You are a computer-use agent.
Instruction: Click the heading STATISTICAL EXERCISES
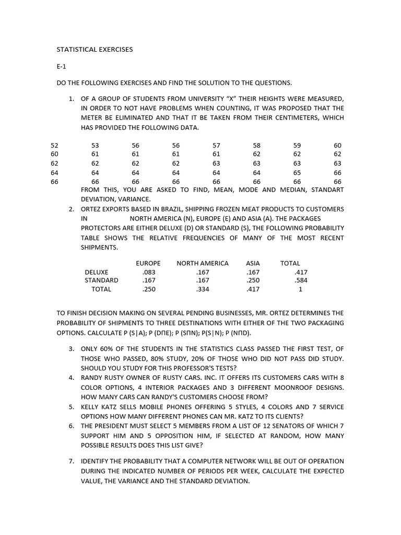pyautogui.click(x=95, y=50)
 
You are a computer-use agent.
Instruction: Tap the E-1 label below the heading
pyautogui.click(x=62, y=66)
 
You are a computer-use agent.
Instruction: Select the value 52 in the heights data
pyautogui.click(x=54, y=145)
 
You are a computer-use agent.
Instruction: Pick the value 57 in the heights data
pyautogui.click(x=216, y=145)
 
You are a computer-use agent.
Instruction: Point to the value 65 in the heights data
pyautogui.click(x=297, y=172)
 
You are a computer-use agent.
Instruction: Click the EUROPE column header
pyautogui.click(x=148, y=263)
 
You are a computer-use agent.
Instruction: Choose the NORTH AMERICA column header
pyautogui.click(x=203, y=263)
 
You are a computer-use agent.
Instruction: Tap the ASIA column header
pyautogui.click(x=253, y=263)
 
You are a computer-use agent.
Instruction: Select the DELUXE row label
pyautogui.click(x=97, y=272)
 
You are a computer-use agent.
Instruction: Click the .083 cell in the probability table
pyautogui.click(x=148, y=272)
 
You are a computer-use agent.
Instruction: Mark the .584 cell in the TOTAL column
pyautogui.click(x=300, y=280)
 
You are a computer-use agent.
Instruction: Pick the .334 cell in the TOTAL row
pyautogui.click(x=202, y=289)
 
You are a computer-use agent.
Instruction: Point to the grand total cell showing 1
pyautogui.click(x=300, y=289)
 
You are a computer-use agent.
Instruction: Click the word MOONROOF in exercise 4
pyautogui.click(x=280, y=387)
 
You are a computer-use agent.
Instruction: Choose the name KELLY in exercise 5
pyautogui.click(x=91, y=406)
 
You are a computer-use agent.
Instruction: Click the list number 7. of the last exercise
pyautogui.click(x=72, y=461)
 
